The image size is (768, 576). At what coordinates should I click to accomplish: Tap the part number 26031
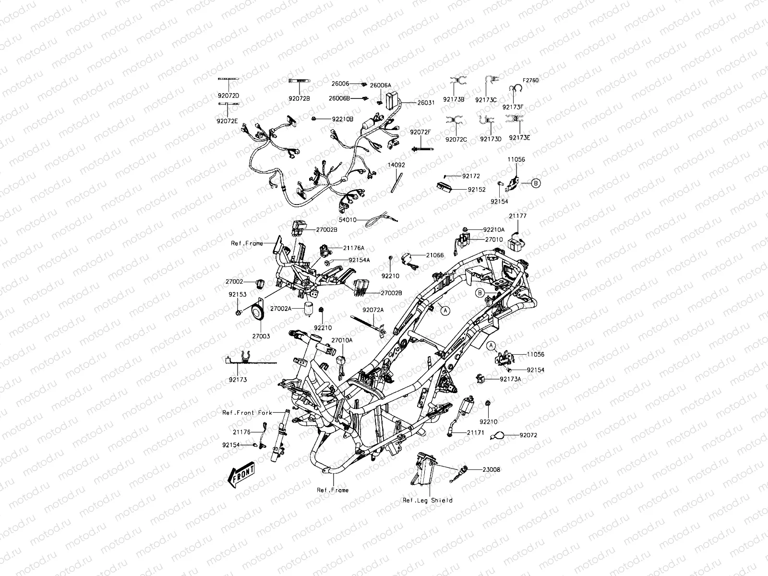pyautogui.click(x=426, y=102)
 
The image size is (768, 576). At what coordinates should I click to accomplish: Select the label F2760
pyautogui.click(x=530, y=81)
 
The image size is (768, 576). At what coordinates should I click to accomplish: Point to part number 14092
pyautogui.click(x=396, y=165)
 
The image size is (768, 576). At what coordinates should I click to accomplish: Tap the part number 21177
pyautogui.click(x=517, y=216)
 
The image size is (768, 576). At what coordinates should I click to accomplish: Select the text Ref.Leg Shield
pyautogui.click(x=427, y=500)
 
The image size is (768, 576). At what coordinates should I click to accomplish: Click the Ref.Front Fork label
pyautogui.click(x=247, y=413)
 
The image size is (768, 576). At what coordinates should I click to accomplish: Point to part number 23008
pyautogui.click(x=491, y=469)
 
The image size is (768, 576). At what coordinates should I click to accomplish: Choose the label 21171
pyautogui.click(x=475, y=432)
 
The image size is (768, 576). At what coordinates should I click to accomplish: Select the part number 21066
pyautogui.click(x=434, y=255)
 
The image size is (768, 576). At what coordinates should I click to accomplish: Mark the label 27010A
pyautogui.click(x=342, y=340)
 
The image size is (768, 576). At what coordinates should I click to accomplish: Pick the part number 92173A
pyautogui.click(x=510, y=379)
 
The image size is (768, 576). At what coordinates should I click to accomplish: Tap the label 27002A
pyautogui.click(x=280, y=308)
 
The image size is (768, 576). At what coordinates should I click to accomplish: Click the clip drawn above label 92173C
pyautogui.click(x=490, y=80)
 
